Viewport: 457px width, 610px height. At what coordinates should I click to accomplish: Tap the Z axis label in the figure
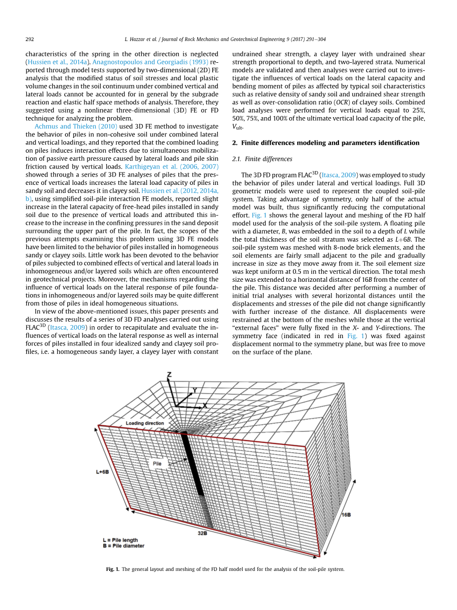[169, 375]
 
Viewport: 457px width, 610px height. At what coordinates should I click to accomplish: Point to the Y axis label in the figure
[195, 390]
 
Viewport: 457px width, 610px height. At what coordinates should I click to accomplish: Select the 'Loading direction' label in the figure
[144, 423]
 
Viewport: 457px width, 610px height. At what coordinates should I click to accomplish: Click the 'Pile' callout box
[157, 464]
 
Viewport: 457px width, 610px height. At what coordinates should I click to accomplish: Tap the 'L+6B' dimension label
[102, 472]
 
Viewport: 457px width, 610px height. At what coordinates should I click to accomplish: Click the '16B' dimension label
[346, 515]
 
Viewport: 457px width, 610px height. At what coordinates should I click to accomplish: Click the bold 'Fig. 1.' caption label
[113, 569]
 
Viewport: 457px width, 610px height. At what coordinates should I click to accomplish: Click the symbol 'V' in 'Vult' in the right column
[234, 126]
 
